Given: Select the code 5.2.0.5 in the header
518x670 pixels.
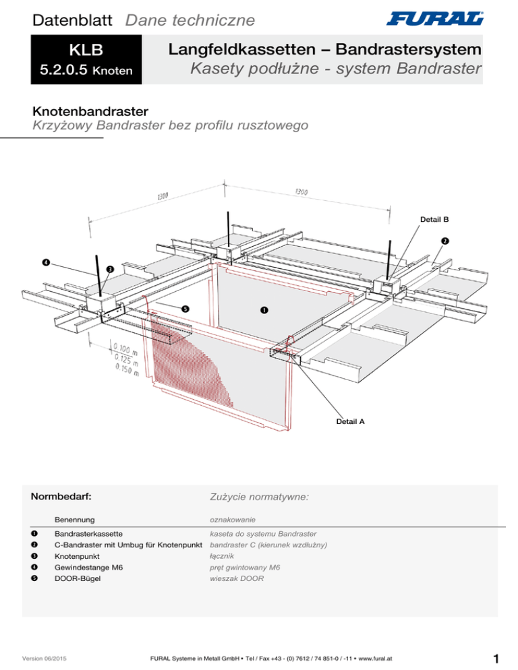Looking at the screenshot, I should [x=61, y=70].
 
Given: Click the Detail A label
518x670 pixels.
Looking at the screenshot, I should [x=349, y=421].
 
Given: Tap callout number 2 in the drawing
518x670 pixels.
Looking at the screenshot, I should [x=445, y=241].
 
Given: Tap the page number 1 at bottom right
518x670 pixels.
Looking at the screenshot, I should [x=495, y=656].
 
